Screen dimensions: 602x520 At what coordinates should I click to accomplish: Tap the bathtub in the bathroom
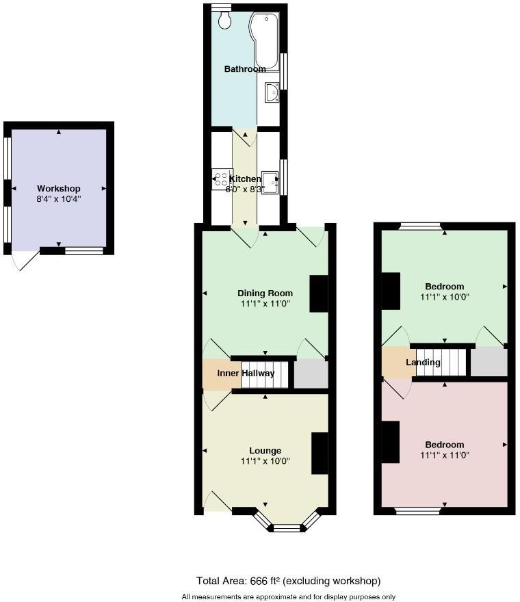tap(265, 41)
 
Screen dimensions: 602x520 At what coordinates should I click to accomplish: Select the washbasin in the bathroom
tap(271, 92)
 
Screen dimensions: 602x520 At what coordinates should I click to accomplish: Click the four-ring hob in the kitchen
tap(222, 179)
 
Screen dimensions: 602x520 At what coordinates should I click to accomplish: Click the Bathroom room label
tap(245, 69)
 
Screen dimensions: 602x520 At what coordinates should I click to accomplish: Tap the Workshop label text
tap(59, 189)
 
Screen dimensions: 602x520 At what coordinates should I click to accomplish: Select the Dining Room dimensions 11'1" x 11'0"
tap(265, 304)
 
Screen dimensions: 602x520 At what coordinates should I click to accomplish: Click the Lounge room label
tap(265, 451)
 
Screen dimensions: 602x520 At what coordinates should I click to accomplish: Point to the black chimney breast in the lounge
tap(320, 453)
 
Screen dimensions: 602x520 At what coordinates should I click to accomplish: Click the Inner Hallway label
tap(246, 374)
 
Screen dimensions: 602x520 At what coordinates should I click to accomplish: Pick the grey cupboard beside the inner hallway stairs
tap(311, 375)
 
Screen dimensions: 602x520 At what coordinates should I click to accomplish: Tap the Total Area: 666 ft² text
tap(288, 581)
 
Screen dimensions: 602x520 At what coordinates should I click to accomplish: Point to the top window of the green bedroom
tap(420, 226)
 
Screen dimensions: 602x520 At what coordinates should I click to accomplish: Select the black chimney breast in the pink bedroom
tap(391, 443)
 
